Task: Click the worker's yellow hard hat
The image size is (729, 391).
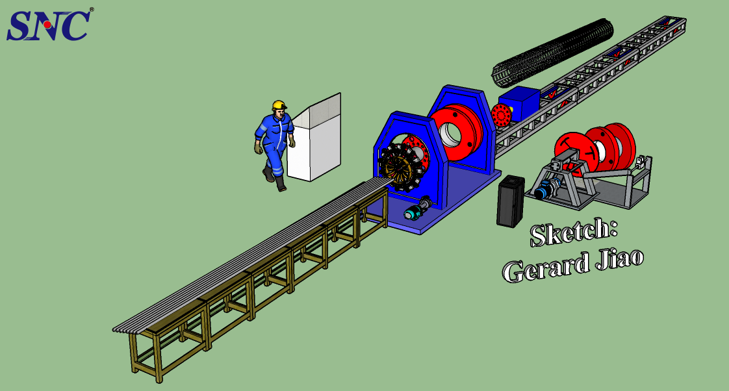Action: (x=279, y=105)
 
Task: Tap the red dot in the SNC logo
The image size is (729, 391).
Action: (x=47, y=25)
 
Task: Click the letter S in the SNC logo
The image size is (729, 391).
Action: (x=19, y=26)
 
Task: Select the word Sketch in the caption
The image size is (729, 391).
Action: (x=572, y=232)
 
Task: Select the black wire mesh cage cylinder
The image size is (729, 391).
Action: (x=553, y=53)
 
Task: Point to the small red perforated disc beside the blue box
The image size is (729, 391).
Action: (x=501, y=117)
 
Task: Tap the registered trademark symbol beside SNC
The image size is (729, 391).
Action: (x=92, y=10)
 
